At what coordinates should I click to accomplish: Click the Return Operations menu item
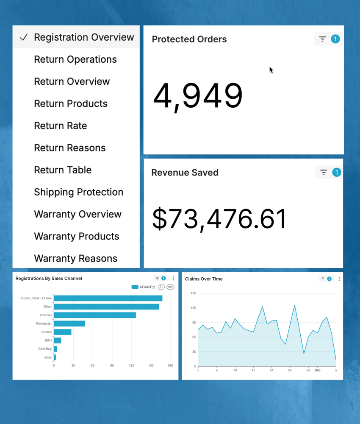point(75,59)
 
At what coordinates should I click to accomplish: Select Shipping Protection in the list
point(78,192)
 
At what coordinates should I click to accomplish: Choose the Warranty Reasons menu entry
point(75,258)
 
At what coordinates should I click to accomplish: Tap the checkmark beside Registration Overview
point(24,37)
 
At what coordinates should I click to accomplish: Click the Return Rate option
point(61,126)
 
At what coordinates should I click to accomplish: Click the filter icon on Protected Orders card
point(322,39)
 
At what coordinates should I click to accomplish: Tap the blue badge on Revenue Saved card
point(337,173)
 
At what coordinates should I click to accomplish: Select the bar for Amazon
point(95,315)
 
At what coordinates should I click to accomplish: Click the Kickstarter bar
point(69,324)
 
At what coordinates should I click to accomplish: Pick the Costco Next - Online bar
point(108,298)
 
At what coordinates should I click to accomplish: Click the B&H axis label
point(48,340)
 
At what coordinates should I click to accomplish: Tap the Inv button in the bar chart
point(170,287)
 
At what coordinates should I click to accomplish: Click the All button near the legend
point(161,287)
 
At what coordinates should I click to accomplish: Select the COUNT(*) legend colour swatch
point(135,287)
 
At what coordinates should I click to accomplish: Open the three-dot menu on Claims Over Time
point(339,279)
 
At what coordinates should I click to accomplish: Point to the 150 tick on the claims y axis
point(193,293)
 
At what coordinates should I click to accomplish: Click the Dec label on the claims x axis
point(317,370)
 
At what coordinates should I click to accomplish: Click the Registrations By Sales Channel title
point(49,279)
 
